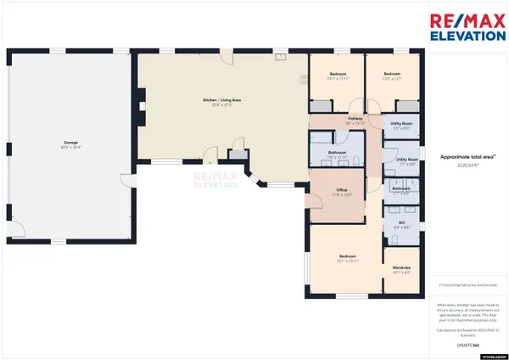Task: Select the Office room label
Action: (x=342, y=190)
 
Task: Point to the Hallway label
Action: (x=355, y=119)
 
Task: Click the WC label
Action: (x=401, y=223)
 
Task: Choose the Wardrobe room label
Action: (x=401, y=268)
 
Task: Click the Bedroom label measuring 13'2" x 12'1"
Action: (x=391, y=74)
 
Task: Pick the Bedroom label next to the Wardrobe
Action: (x=348, y=256)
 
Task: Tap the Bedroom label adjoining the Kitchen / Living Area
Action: (x=338, y=74)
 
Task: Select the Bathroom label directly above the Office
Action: (x=338, y=152)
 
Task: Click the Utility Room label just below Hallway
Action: (x=401, y=124)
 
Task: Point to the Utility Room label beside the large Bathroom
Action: (x=406, y=159)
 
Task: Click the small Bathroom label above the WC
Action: (x=401, y=188)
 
